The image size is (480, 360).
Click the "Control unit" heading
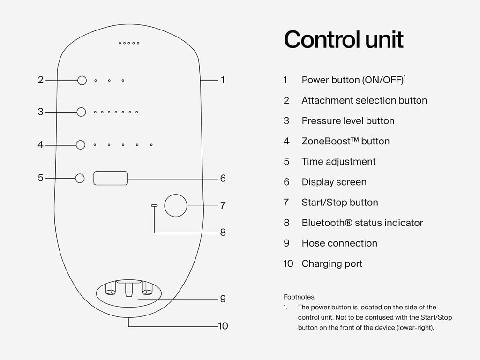(x=344, y=39)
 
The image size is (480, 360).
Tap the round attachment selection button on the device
(x=82, y=80)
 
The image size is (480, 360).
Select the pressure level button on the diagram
(x=82, y=112)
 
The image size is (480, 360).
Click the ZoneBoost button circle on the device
(x=81, y=145)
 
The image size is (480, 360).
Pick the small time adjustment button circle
(x=80, y=178)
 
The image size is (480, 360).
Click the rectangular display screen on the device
(x=111, y=178)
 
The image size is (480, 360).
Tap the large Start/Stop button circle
(x=176, y=205)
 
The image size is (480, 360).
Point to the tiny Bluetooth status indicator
(x=154, y=205)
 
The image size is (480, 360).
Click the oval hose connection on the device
(x=128, y=294)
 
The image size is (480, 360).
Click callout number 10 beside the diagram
(x=223, y=325)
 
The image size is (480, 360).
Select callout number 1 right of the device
(x=223, y=80)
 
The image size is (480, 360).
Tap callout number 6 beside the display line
(x=223, y=178)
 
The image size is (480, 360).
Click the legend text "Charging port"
(x=332, y=263)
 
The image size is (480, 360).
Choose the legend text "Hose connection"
(x=339, y=243)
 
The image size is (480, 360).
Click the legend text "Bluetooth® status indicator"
(x=362, y=223)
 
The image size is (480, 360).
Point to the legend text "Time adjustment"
(x=338, y=162)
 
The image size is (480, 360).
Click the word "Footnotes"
(x=299, y=297)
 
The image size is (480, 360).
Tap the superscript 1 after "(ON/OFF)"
(x=405, y=77)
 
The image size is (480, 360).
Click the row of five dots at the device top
(x=129, y=43)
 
